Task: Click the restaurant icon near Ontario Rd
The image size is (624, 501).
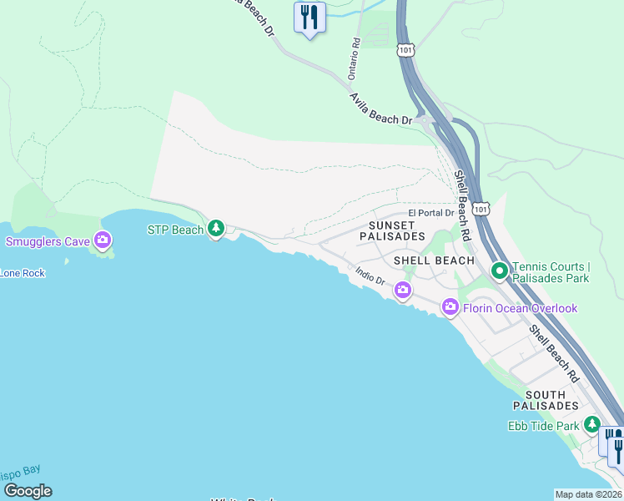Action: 309,16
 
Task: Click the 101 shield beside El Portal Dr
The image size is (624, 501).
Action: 481,207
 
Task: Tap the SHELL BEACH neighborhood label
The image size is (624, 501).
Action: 434,261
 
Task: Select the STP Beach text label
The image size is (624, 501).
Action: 175,229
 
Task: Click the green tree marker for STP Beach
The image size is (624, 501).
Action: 216,227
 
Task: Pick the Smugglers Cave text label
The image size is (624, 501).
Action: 48,242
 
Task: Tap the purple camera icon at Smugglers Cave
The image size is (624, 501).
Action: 103,241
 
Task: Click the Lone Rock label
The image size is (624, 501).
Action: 23,273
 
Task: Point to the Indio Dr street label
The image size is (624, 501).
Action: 369,276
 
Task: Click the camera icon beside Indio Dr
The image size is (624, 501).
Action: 403,291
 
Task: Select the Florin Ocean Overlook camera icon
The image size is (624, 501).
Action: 450,308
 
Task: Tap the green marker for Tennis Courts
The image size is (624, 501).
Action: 500,271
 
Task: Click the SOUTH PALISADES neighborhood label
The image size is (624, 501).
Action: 551,400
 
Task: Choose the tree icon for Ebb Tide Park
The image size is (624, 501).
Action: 591,425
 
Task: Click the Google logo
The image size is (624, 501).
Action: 28,491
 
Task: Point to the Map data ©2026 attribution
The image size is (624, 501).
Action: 588,494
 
